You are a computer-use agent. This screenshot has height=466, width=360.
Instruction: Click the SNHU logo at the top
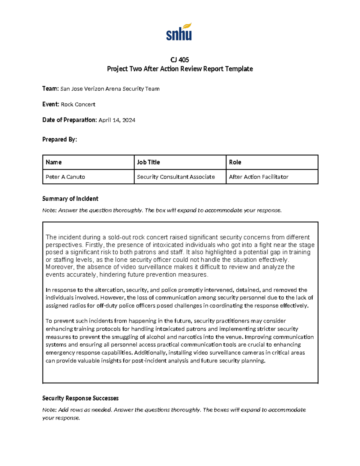click(x=179, y=32)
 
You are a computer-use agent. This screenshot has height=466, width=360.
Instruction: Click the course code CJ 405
click(x=180, y=60)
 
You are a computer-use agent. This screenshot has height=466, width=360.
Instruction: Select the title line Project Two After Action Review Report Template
click(x=180, y=69)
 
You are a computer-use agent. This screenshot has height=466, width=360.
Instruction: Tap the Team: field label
click(x=50, y=89)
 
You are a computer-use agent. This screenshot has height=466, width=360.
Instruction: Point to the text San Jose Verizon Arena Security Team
click(x=110, y=89)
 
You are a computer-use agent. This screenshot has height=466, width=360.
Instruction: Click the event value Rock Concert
click(x=78, y=104)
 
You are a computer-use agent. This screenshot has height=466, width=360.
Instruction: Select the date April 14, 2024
click(x=117, y=120)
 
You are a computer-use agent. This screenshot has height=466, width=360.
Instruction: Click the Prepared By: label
click(x=59, y=140)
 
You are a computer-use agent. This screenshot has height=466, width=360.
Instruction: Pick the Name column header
click(x=54, y=162)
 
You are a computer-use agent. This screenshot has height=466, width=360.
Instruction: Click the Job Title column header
click(x=148, y=162)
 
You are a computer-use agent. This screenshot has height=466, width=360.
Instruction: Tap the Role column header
click(x=235, y=162)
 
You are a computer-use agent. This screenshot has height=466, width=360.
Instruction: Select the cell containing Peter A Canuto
click(x=65, y=177)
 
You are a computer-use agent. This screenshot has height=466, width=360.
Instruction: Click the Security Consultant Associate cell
click(x=176, y=177)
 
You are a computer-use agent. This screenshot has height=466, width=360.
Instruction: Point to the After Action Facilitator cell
click(x=259, y=177)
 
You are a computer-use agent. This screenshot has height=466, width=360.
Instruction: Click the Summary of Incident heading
click(x=70, y=199)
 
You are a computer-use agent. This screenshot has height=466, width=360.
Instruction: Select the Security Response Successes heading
click(x=80, y=398)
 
